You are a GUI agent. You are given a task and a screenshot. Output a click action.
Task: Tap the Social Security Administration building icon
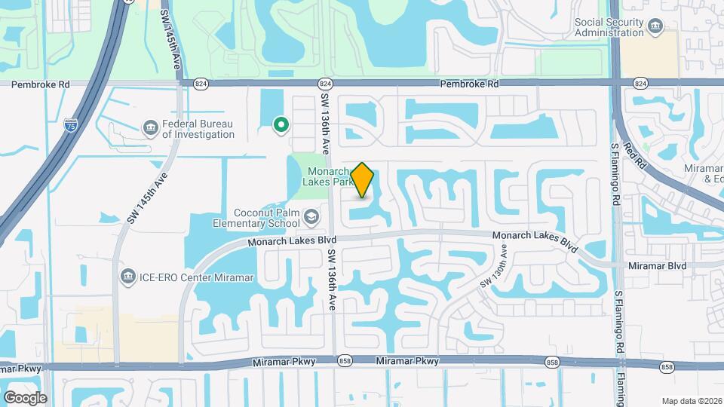point(654,28)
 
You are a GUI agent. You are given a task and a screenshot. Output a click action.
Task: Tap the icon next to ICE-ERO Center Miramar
point(127,277)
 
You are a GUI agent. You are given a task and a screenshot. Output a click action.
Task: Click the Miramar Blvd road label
point(657,265)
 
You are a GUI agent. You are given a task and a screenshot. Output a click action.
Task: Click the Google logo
point(25,397)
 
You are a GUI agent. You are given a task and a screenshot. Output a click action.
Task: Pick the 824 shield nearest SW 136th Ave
point(325,84)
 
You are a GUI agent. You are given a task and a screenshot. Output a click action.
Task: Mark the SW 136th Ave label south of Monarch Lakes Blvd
point(331,279)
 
